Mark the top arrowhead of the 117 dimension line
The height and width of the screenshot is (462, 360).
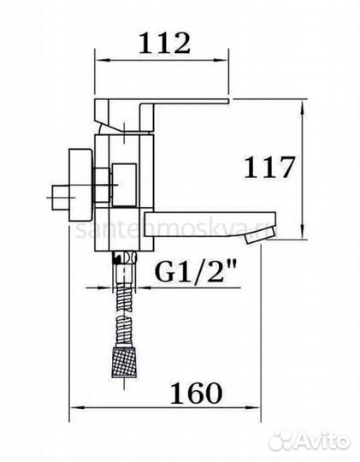tap(302, 108)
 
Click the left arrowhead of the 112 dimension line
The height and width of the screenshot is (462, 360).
tap(97, 60)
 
